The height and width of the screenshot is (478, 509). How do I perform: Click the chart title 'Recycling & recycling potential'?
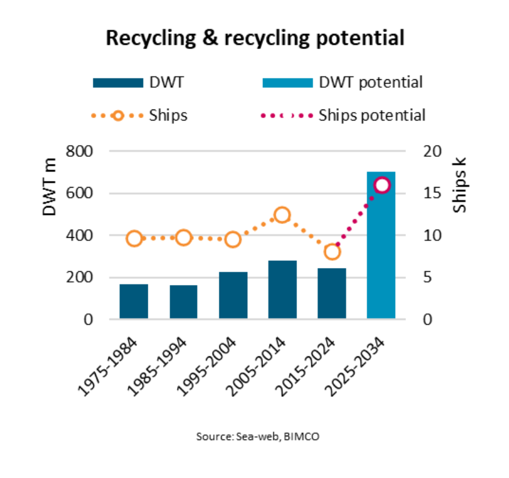254,38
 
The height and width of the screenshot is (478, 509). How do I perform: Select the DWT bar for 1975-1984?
134,301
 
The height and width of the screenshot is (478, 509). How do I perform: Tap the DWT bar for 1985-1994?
184,302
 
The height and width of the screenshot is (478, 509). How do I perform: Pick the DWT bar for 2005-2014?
282,290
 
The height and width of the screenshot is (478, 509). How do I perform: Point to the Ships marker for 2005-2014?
282,215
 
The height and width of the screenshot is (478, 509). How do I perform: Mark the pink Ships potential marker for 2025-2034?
382,185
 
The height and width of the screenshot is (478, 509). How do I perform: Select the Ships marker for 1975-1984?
135,238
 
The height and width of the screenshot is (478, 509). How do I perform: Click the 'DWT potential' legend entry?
370,82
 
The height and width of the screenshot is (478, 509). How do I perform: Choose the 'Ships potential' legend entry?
371,115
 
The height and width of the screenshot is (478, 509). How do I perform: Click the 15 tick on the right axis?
427,194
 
